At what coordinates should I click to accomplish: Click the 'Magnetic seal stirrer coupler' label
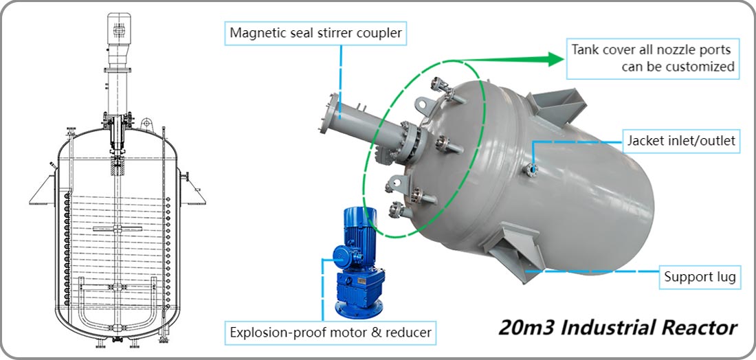316,32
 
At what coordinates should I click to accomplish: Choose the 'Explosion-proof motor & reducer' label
331,333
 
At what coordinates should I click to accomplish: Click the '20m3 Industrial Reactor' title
618,326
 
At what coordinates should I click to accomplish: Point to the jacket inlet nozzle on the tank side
532,168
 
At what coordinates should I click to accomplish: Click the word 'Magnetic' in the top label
256,32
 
